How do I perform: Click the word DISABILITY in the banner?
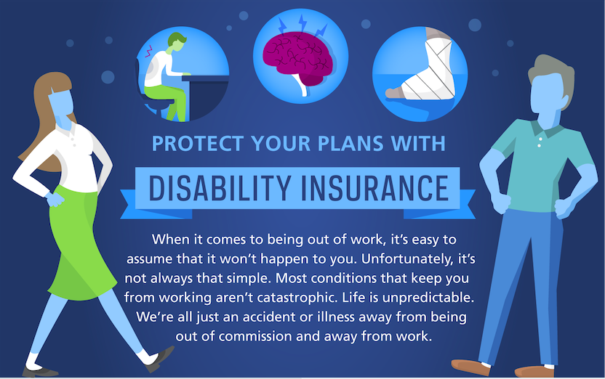(x=220, y=188)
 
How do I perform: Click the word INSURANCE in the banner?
(x=374, y=188)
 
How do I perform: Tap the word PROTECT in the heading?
(x=198, y=143)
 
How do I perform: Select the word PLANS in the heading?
(x=350, y=143)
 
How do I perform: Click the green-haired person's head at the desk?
(x=177, y=43)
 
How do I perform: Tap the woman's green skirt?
(x=80, y=243)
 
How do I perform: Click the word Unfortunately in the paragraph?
(x=406, y=258)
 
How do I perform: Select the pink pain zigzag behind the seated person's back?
(x=148, y=52)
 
